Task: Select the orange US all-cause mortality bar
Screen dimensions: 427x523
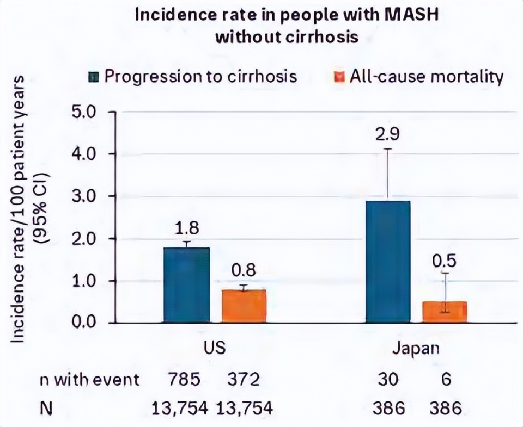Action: coord(244,306)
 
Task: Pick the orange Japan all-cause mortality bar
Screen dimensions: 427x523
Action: coord(445,312)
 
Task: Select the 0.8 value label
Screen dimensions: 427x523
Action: coord(244,270)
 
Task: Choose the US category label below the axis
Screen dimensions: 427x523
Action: coord(215,348)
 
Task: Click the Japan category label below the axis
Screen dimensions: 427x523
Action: coord(416,348)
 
